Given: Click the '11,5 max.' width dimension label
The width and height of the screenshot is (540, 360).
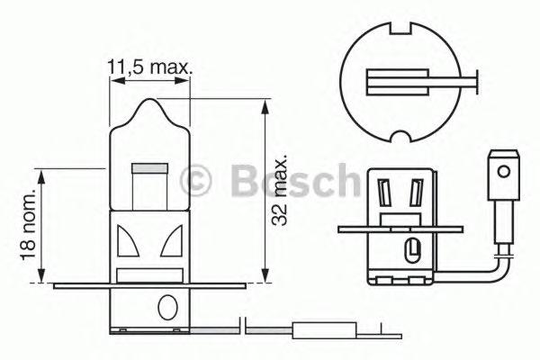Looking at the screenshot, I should pyautogui.click(x=150, y=66).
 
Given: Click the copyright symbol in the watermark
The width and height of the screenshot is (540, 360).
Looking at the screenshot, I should pyautogui.click(x=195, y=182).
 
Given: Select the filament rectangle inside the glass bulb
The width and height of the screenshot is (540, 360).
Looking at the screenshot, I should pyautogui.click(x=148, y=167).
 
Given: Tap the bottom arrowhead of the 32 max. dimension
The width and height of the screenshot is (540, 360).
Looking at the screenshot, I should pyautogui.click(x=264, y=275).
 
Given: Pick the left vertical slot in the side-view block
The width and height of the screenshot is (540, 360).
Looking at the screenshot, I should pyautogui.click(x=386, y=193).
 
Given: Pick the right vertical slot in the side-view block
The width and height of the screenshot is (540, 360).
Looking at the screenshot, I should pyautogui.click(x=416, y=193).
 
